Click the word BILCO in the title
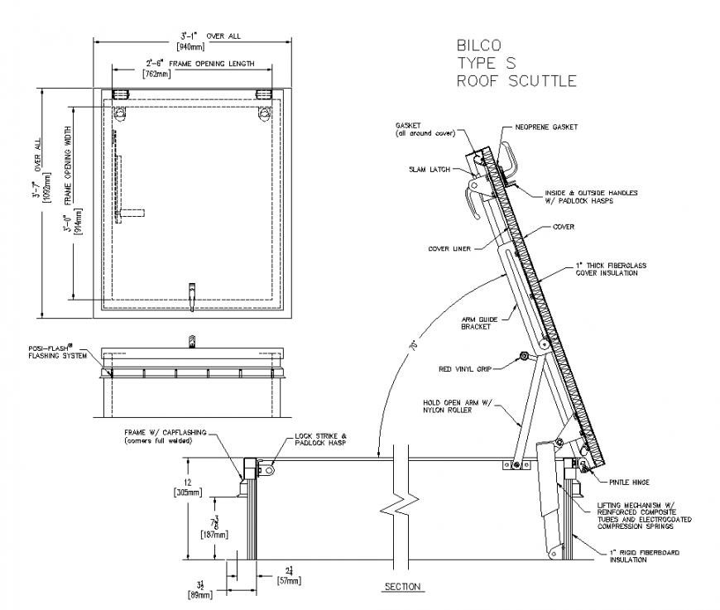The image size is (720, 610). (478, 45)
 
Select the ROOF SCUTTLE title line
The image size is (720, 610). (516, 80)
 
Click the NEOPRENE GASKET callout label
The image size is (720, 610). (546, 127)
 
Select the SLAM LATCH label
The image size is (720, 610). (429, 170)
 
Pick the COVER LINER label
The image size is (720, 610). (449, 247)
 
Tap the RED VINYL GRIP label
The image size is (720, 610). (465, 369)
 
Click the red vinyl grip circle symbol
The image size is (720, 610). (523, 357)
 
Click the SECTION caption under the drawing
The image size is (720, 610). (402, 587)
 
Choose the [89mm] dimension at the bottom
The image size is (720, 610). (199, 594)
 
